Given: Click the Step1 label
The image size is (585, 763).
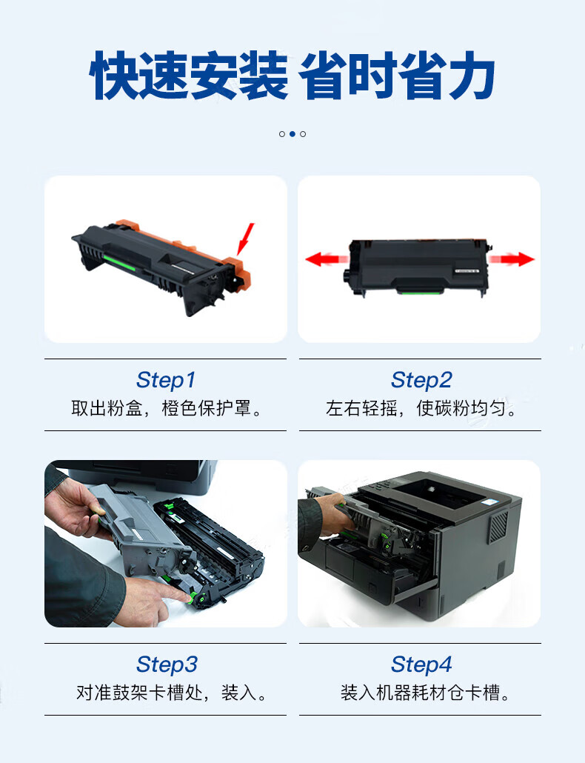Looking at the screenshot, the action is click(166, 379).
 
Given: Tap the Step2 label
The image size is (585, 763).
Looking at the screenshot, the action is click(421, 379).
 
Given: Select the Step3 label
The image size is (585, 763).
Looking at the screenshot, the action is click(167, 664).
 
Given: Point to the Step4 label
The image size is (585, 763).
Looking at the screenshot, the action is click(421, 664).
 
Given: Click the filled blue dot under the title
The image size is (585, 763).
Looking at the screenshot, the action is click(292, 134).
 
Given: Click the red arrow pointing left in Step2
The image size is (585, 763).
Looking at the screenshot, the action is click(326, 259).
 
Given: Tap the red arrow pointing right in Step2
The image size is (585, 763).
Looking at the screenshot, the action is click(512, 259).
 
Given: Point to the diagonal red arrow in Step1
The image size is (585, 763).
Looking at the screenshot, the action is click(245, 239).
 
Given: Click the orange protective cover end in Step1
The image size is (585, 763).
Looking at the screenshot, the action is click(238, 273).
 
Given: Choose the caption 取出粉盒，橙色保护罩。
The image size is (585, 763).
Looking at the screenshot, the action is click(166, 407).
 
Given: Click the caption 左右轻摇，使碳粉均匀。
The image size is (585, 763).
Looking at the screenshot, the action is click(421, 407).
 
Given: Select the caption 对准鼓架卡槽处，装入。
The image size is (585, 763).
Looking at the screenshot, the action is click(170, 693).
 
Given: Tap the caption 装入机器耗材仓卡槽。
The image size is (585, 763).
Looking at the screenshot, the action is click(425, 693).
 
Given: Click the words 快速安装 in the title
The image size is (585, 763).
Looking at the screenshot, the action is click(189, 76).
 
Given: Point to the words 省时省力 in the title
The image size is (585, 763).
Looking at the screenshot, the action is click(397, 76).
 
